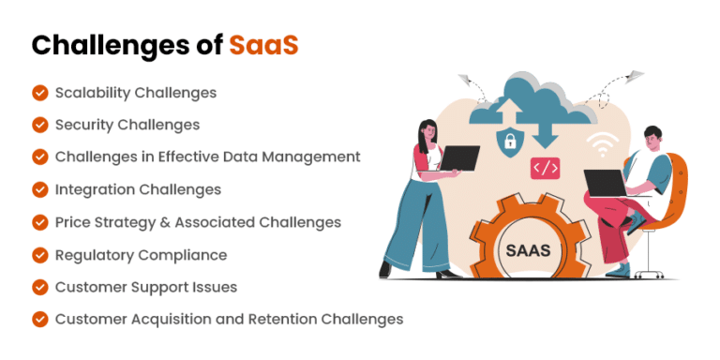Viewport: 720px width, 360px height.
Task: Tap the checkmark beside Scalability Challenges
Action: (40, 93)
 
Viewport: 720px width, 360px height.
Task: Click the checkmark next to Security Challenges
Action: (40, 125)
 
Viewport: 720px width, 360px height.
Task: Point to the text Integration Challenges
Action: (138, 189)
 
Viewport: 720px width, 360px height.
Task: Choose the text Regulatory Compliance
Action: (141, 254)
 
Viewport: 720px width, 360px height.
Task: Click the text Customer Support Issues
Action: (145, 287)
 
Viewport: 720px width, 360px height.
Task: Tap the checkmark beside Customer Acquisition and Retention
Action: (40, 319)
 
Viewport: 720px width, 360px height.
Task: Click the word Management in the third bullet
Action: (313, 157)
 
